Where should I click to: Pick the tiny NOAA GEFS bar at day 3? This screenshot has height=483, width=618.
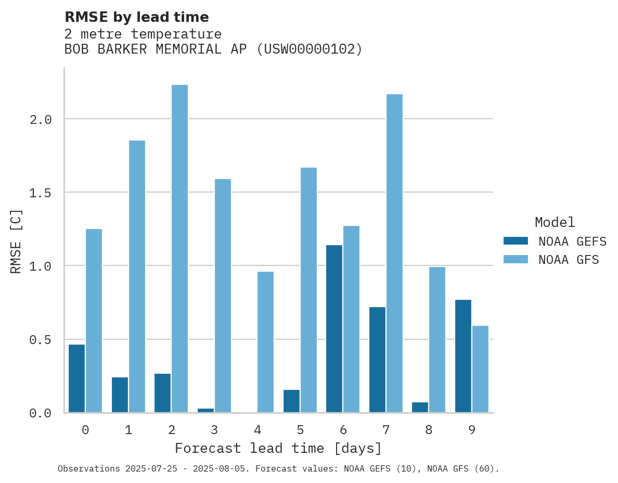click(205, 410)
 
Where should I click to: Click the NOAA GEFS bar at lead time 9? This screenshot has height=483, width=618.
click(463, 356)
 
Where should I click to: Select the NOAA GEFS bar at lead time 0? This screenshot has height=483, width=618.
click(76, 378)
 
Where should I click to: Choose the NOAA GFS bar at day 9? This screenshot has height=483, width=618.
click(480, 369)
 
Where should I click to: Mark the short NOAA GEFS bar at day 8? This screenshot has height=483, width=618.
click(420, 407)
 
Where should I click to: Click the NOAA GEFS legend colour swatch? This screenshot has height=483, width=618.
click(516, 241)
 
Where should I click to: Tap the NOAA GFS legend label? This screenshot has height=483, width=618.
click(569, 259)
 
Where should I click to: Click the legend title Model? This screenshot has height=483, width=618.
click(555, 222)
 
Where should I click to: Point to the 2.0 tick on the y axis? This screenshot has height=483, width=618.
click(41, 119)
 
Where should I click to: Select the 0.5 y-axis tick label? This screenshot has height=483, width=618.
click(41, 340)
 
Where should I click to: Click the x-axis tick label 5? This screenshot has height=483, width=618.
click(300, 430)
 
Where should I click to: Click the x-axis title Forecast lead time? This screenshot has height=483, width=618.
click(278, 448)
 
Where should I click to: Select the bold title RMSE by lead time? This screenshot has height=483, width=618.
click(136, 17)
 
